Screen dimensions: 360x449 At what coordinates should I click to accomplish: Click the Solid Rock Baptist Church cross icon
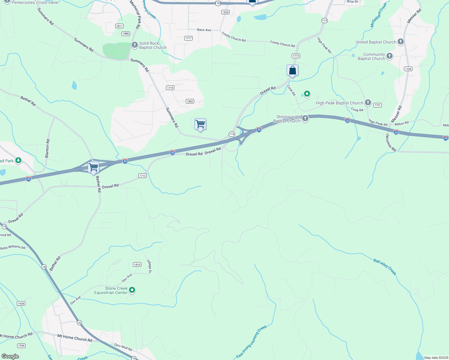coord(135,45)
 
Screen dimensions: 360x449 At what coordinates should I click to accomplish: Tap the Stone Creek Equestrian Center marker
coord(132,290)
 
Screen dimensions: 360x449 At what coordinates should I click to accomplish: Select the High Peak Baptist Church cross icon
coord(368,103)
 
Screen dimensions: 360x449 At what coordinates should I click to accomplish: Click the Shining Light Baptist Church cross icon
coord(305,118)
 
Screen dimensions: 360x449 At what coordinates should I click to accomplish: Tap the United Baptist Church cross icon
coord(401,42)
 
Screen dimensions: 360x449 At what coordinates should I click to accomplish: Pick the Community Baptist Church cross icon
coord(390,56)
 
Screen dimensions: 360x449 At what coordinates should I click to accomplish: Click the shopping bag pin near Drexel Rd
coord(292,71)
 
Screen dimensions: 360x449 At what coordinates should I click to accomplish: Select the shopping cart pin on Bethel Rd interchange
coord(94,167)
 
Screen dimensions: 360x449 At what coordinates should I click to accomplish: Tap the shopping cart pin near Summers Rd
coord(200,124)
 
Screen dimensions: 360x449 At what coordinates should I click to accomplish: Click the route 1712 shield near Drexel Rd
coord(143,176)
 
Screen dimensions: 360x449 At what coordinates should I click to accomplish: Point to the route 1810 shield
coord(137,264)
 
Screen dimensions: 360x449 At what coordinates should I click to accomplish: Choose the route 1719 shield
coord(170,88)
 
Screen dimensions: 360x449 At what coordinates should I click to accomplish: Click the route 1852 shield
coord(190,101)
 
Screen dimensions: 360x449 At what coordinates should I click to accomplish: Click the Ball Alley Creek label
coord(385,267)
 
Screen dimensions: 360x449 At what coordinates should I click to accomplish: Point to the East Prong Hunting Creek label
coord(252,342)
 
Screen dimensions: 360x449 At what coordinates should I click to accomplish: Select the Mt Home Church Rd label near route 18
coord(75,338)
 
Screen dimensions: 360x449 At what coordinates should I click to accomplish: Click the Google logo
coord(10,356)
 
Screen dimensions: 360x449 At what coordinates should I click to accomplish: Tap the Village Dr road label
coord(149,266)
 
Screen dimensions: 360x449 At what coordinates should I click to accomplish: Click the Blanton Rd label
coord(47,148)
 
